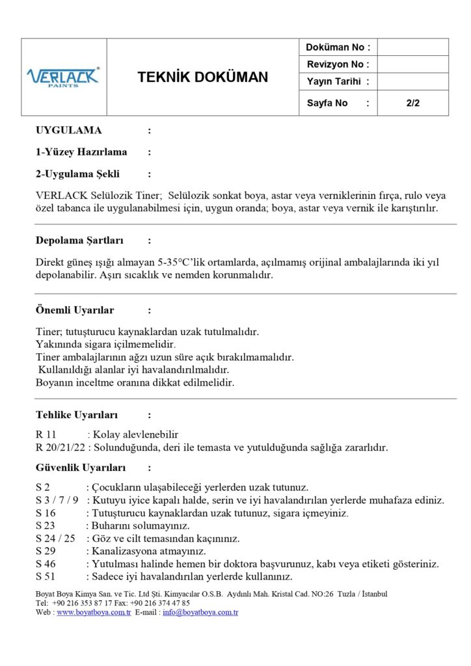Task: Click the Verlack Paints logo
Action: [x=63, y=77]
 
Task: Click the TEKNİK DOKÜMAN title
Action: [x=202, y=77]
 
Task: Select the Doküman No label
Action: [x=338, y=47]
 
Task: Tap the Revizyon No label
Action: [x=338, y=64]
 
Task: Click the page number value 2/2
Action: [x=412, y=103]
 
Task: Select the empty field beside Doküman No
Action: [x=412, y=47]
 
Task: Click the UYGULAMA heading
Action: [x=68, y=130]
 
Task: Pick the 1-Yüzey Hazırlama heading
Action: [x=81, y=152]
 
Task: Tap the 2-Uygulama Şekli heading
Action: [x=77, y=174]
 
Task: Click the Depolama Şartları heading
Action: [x=79, y=241]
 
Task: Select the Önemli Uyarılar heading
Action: [x=75, y=310]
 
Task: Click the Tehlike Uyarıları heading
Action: [x=77, y=415]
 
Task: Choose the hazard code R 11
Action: [x=47, y=434]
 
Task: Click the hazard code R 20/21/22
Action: [x=60, y=447]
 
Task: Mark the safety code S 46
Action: [x=46, y=564]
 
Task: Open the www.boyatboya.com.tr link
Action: [x=94, y=613]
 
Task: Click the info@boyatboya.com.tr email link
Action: [x=200, y=613]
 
